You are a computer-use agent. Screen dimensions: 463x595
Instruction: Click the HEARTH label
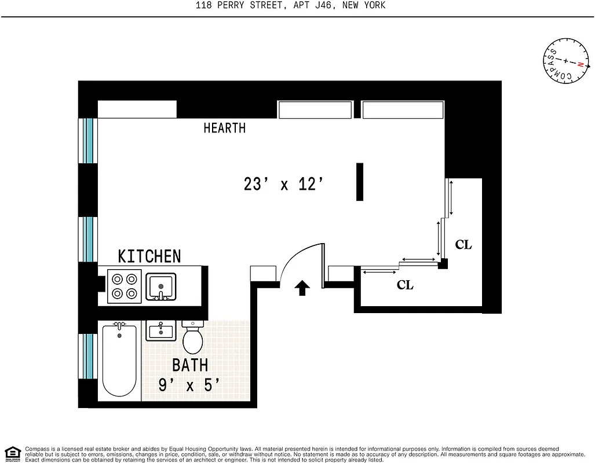click(x=224, y=128)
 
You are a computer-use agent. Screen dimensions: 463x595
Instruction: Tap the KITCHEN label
click(x=149, y=256)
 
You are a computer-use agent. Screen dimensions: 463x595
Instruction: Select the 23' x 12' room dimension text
click(x=283, y=185)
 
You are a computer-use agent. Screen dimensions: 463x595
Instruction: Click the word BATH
click(x=190, y=365)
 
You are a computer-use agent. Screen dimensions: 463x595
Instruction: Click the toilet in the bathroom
click(x=192, y=338)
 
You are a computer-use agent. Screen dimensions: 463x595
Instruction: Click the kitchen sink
click(x=161, y=286)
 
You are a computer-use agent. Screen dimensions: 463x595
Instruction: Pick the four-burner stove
click(x=125, y=285)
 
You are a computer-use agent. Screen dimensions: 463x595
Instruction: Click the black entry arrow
click(x=302, y=288)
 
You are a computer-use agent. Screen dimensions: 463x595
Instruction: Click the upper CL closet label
click(x=463, y=245)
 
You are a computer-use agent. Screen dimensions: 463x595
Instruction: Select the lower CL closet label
click(x=405, y=285)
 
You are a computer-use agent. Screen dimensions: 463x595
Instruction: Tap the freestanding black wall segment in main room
click(x=360, y=182)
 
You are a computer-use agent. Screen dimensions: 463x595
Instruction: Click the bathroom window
click(x=87, y=356)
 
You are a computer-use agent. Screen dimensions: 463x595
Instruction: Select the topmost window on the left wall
click(x=87, y=140)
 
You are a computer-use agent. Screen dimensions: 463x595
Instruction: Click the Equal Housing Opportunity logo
click(x=12, y=453)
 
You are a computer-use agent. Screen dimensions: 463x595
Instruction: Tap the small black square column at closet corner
click(x=443, y=264)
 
